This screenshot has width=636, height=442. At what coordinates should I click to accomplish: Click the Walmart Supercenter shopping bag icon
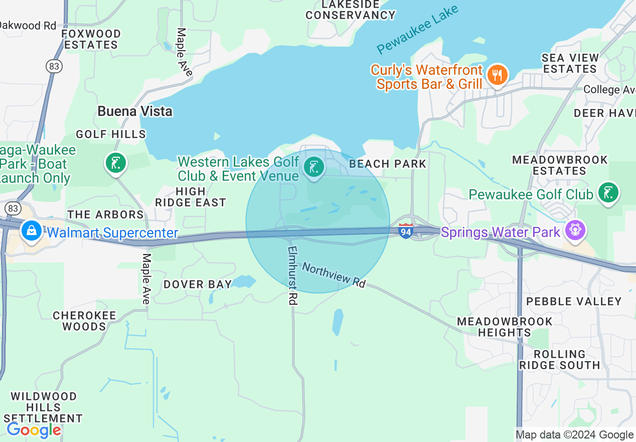pos(32,231)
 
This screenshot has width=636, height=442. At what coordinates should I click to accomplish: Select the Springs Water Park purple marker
pos(575,231)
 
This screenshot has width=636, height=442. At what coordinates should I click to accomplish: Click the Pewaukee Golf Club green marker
pos(608,193)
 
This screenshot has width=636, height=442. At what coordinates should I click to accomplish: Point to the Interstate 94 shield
pos(406,231)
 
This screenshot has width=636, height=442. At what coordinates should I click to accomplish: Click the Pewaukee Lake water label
pos(417,30)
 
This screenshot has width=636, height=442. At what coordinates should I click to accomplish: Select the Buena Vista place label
pos(135,111)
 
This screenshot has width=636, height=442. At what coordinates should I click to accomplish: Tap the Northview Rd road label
pos(334,275)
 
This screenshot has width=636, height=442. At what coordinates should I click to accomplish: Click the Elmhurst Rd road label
pos(293,275)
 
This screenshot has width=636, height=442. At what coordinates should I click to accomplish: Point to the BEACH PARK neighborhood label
pos(387,164)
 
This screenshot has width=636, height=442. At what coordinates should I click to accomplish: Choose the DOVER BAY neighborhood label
pos(198,284)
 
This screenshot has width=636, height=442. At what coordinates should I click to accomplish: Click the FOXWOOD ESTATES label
pos(91,39)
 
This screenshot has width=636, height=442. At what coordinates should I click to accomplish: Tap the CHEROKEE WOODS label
pos(84,321)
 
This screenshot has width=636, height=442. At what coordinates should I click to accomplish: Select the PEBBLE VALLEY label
pos(574,301)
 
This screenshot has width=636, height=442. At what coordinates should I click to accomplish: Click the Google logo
pos(34,430)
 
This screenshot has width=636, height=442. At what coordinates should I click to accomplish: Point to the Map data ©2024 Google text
pos(574,435)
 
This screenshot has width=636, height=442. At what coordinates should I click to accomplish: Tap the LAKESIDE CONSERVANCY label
pos(351,10)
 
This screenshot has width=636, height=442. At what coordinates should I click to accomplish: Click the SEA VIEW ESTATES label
pos(570,63)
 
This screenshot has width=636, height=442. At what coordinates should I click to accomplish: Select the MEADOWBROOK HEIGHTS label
pos(505,326)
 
